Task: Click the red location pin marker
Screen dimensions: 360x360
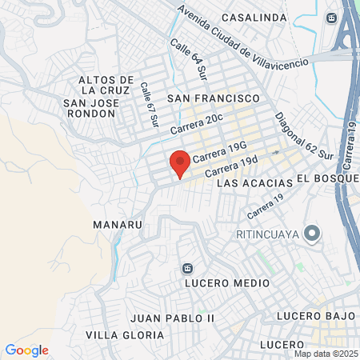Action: click(180, 163)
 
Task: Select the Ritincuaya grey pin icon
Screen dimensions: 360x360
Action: click(313, 234)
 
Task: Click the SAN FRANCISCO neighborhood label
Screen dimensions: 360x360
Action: click(214, 97)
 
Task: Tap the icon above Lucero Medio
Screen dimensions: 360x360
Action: click(186, 267)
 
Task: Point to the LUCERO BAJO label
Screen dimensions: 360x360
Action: click(315, 316)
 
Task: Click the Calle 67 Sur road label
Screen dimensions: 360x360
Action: click(150, 106)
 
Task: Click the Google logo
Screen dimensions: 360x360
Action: click(27, 350)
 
